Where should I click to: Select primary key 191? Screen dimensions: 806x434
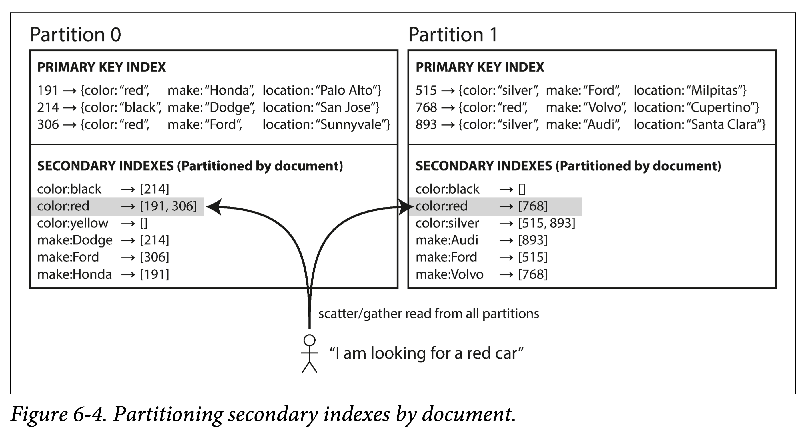coord(48,91)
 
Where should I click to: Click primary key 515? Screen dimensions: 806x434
coord(426,91)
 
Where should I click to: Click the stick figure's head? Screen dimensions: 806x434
coord(309,340)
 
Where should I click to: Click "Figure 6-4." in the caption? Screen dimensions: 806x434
coord(59,414)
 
